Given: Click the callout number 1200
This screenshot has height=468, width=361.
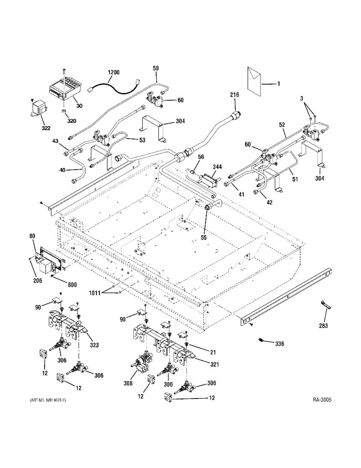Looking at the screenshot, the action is [113, 73].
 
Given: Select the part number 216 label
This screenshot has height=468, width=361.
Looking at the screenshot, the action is [235, 95].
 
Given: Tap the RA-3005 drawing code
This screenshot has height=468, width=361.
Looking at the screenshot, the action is [322, 399].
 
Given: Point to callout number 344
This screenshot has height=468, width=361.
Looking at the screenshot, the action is [217, 167].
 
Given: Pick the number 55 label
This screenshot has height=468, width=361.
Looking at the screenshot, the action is [204, 238].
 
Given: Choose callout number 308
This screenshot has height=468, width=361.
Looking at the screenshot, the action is [128, 383].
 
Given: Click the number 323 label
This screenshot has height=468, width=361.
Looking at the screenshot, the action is [94, 345].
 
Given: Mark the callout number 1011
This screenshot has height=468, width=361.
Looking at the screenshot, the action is [95, 293].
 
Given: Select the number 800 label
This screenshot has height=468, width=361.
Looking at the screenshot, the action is [73, 285].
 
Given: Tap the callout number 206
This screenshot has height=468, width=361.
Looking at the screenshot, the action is [38, 281].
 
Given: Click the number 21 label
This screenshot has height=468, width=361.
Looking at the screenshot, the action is [213, 352].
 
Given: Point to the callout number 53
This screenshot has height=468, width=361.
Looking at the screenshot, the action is [142, 140].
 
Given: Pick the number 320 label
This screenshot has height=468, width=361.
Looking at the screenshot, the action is [72, 121].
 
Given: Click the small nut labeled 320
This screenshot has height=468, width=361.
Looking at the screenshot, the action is [63, 111].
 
